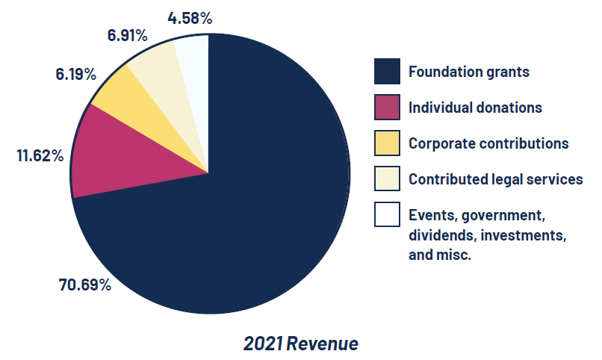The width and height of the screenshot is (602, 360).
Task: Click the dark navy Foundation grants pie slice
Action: (254, 217)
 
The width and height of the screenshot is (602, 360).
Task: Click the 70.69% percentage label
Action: (85, 285)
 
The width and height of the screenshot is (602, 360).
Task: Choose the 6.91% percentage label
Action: (127, 34)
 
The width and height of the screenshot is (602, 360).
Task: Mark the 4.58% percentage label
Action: (190, 18)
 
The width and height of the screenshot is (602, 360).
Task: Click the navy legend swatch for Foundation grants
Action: (387, 72)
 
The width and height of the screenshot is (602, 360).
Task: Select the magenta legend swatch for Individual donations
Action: (387, 108)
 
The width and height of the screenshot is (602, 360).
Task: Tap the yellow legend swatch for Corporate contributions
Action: (387, 143)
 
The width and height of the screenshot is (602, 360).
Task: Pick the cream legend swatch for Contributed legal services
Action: (387, 179)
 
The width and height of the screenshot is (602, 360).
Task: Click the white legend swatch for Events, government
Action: (387, 215)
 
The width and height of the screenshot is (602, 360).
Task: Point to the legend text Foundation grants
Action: (468, 72)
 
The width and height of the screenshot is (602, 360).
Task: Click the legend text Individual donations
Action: (475, 108)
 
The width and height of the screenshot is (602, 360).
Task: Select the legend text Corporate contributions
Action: (488, 143)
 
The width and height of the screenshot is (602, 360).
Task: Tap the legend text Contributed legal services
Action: (495, 179)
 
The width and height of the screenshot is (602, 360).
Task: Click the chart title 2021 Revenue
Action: (300, 344)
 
